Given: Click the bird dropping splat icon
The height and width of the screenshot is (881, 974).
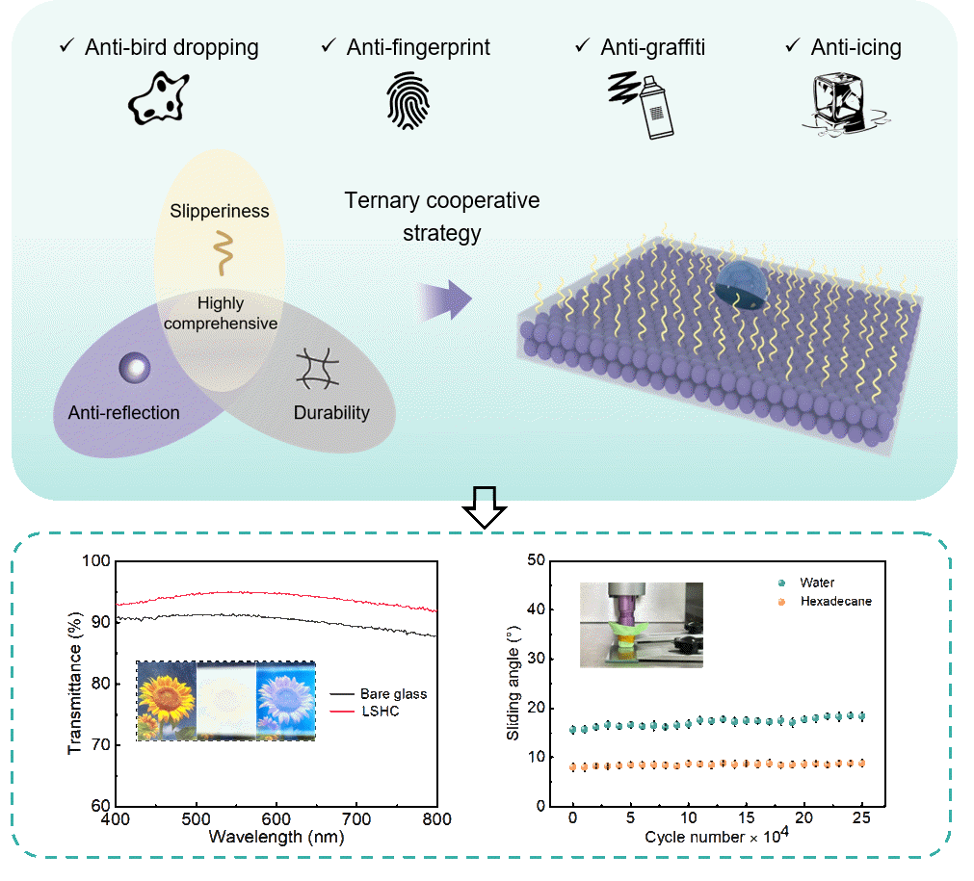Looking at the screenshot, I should (x=158, y=97).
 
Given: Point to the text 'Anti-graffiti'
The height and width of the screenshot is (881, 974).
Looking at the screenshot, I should (x=652, y=46).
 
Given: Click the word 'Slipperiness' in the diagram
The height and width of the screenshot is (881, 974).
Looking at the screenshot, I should (x=220, y=211).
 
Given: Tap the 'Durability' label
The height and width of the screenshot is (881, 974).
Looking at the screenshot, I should (x=330, y=413).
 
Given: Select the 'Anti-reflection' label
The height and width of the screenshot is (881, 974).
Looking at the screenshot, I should (x=123, y=413).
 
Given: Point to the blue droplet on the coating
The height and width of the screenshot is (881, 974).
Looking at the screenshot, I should (x=742, y=287).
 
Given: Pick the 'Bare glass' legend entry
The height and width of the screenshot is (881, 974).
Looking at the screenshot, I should (x=393, y=693).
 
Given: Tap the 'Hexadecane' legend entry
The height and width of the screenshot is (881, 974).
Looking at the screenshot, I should (x=834, y=601).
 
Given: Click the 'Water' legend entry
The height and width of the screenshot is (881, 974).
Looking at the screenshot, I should (x=816, y=583).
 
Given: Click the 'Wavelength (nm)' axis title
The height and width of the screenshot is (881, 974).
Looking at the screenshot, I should (x=276, y=837).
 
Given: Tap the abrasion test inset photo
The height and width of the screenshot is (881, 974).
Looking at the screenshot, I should (x=641, y=625).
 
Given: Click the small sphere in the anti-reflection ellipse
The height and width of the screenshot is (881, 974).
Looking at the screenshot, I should (x=132, y=368).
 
